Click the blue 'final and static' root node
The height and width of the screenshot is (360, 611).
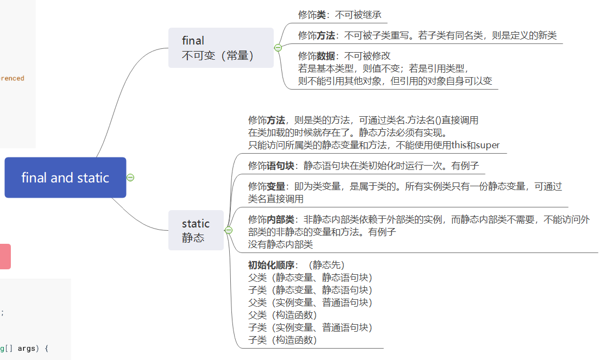(x=65, y=178)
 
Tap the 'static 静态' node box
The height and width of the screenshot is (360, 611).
(x=196, y=230)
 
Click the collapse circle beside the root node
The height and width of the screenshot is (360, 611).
(x=130, y=178)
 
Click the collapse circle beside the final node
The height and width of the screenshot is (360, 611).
(x=278, y=48)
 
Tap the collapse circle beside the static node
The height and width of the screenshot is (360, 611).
(x=228, y=230)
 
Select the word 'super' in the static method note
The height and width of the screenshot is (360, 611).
(x=488, y=145)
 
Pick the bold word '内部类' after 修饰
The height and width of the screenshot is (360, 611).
(x=281, y=219)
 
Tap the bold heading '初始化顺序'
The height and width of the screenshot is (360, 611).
(x=271, y=265)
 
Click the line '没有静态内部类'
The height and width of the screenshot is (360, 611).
(x=280, y=244)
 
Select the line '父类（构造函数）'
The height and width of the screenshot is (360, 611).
(x=282, y=315)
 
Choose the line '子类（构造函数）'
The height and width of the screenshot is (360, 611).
(x=282, y=340)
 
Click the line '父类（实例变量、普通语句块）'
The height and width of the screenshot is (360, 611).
(x=310, y=302)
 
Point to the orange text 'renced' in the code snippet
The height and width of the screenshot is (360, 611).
(x=12, y=78)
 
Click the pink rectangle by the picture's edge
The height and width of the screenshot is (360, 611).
(x=5, y=256)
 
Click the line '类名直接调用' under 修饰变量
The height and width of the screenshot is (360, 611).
(x=275, y=199)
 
